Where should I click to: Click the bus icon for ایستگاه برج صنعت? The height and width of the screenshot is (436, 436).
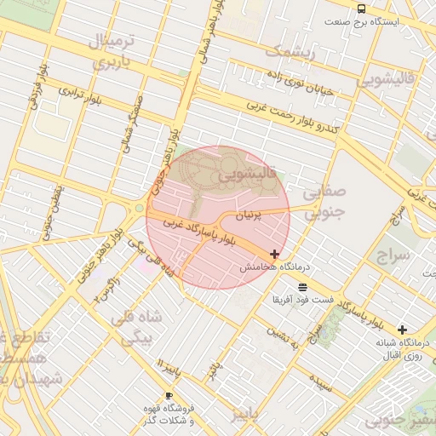362,8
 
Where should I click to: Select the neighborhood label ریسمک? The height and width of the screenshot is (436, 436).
290,53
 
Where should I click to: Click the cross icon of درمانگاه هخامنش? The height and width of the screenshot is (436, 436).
274,254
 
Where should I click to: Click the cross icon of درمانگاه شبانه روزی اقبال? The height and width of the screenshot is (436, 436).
402,330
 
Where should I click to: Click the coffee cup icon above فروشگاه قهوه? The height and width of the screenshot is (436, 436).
169,396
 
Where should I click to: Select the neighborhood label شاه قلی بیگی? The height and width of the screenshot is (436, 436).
135,327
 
